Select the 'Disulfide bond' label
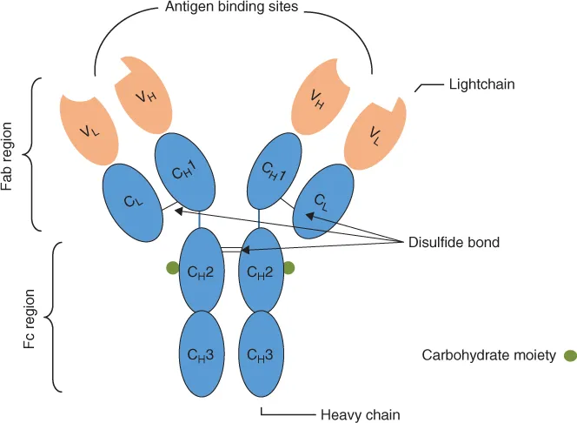coord(454,242)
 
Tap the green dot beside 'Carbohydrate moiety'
coord(569,355)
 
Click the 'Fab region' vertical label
coord(11,155)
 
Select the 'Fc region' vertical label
coord(28,317)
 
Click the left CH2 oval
coord(202,271)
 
